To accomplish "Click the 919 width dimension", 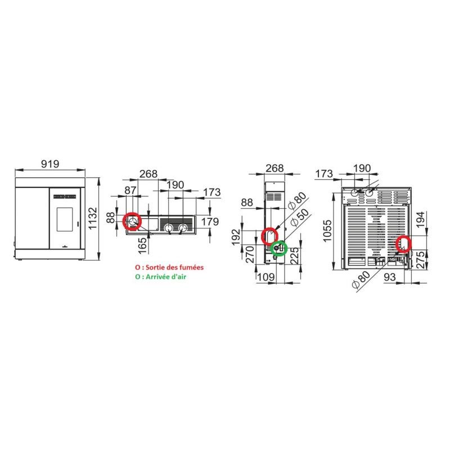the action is click(50, 164).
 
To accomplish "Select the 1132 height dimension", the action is click(93, 218).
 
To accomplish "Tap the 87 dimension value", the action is click(130, 190).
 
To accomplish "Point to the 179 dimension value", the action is click(210, 222).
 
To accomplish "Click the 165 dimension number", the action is click(142, 246).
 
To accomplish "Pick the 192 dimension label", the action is click(236, 237).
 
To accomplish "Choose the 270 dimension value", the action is click(250, 255).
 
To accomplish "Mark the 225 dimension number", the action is click(294, 256).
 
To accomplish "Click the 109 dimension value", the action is click(265, 277).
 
